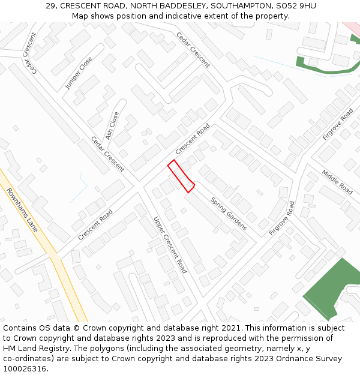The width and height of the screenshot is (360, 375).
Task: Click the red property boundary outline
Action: pos(180,176)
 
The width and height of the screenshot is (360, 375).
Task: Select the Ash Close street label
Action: pos(112,125)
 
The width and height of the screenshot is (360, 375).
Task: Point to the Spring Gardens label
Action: pos(229,214)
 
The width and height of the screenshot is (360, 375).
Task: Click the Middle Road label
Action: pos(337,181)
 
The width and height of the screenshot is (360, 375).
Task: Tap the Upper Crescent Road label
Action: pos(170,245)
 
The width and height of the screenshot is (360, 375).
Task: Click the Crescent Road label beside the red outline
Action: pos(193,139)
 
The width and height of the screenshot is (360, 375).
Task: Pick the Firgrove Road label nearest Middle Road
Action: pos(338,124)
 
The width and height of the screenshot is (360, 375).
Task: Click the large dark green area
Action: pos(333,288)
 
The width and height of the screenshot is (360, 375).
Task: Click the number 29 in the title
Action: pos(50,6)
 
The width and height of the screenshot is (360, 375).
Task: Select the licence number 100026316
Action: pos(24,369)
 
